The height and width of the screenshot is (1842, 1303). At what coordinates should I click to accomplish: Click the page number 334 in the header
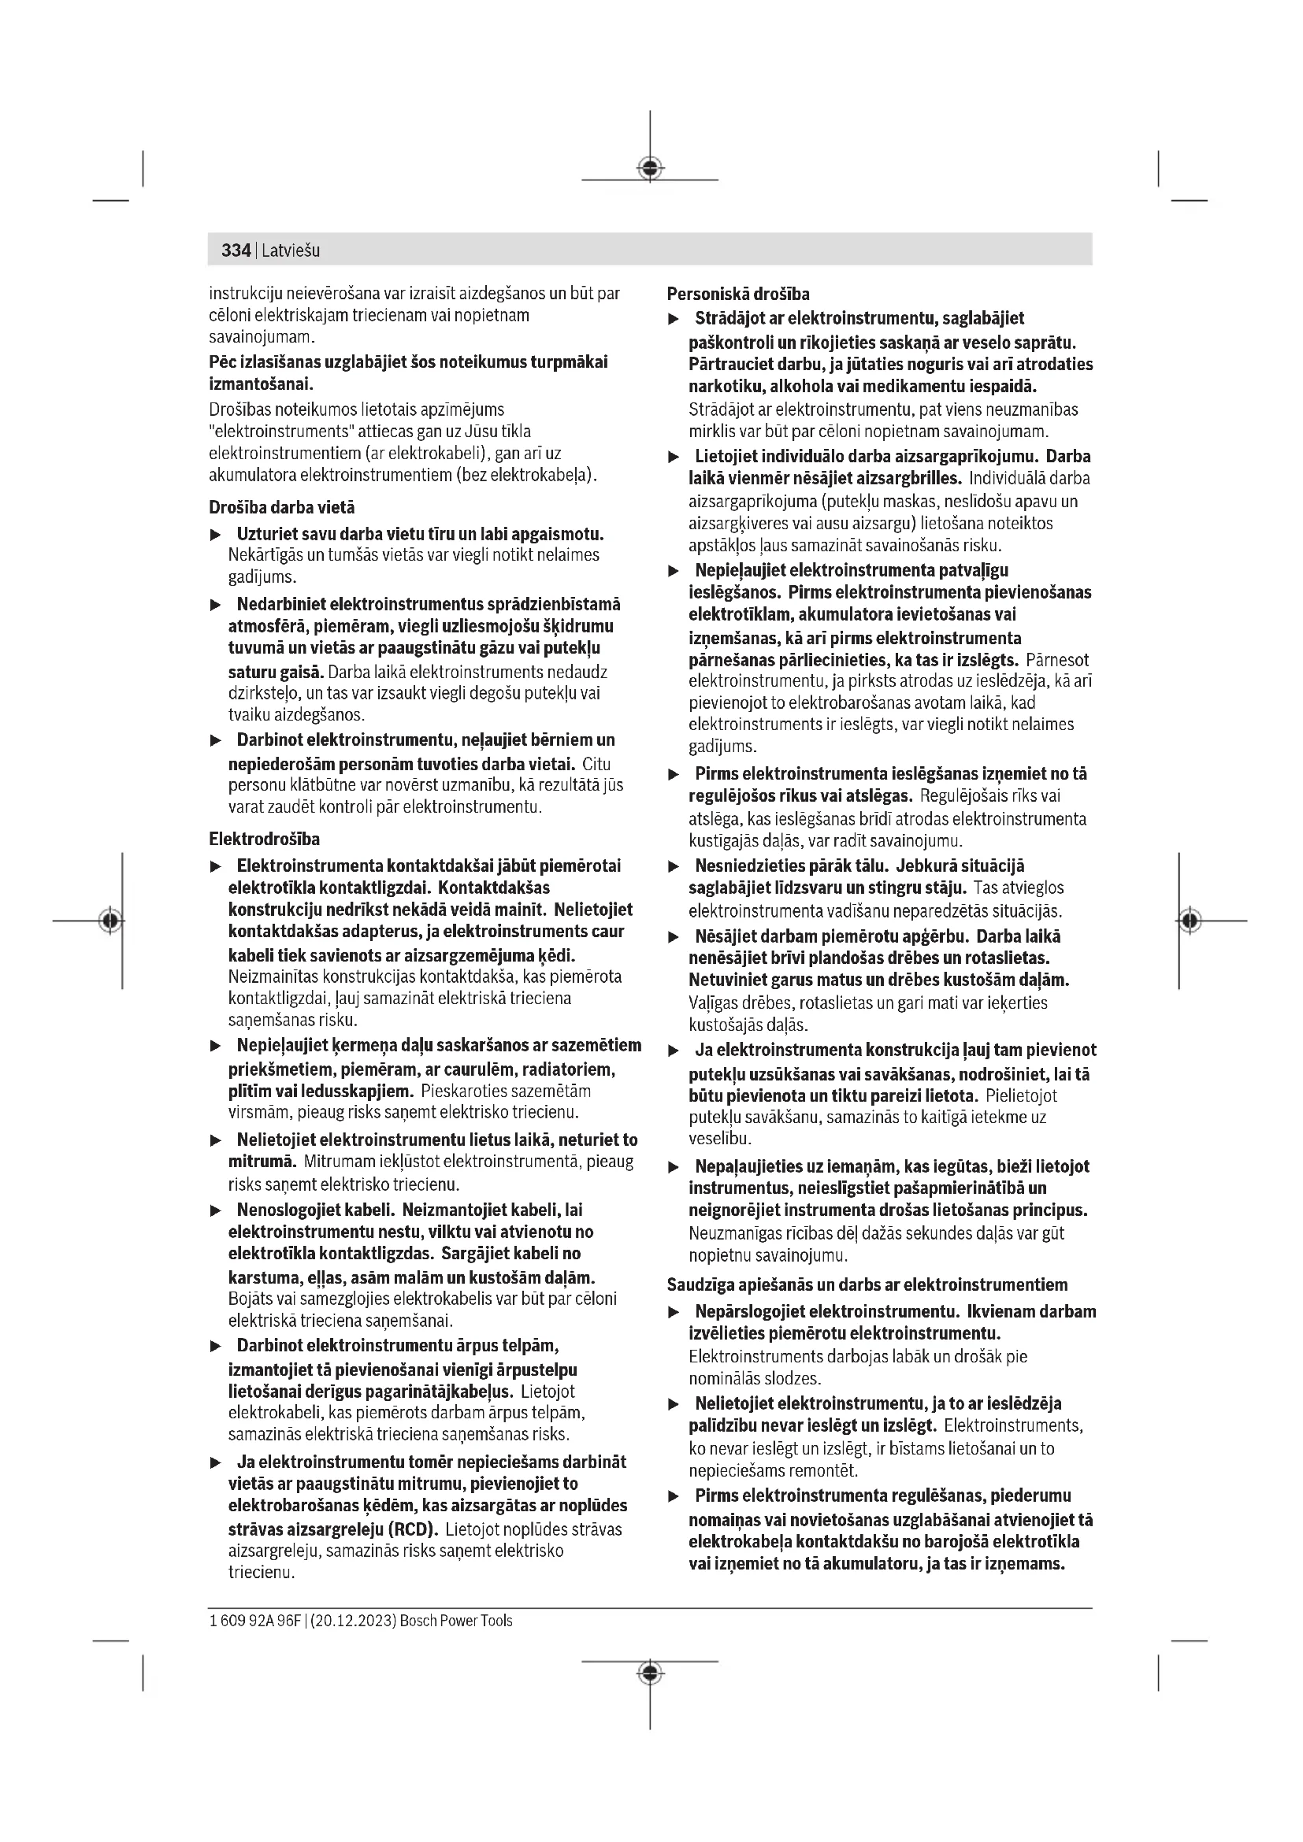tap(236, 250)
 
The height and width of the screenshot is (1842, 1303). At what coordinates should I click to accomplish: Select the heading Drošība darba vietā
tap(281, 508)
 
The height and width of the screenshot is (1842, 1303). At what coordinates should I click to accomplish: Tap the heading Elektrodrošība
tap(264, 839)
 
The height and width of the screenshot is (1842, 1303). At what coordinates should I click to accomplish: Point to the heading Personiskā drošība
tap(738, 294)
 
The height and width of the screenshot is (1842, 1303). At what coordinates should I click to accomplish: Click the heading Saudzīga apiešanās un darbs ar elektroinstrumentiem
tap(867, 1284)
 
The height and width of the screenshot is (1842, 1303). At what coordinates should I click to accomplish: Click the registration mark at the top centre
tap(650, 168)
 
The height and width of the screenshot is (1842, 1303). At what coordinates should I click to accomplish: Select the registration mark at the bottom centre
tap(650, 1672)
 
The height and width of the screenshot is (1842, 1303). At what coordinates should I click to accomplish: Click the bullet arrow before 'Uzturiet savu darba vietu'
tap(215, 535)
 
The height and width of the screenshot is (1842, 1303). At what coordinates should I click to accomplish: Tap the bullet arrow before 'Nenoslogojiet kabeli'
tap(215, 1210)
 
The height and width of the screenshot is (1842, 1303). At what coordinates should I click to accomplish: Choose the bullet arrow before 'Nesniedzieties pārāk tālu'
tap(674, 867)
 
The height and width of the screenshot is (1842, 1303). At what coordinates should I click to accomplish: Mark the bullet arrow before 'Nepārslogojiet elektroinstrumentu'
tap(674, 1313)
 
